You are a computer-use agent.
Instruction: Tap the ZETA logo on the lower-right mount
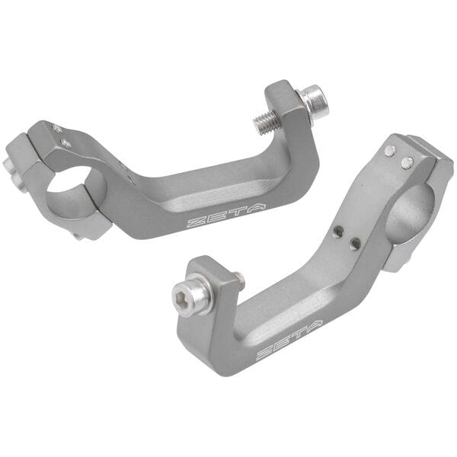[x=289, y=340]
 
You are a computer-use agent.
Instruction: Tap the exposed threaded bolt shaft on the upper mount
[x=267, y=121]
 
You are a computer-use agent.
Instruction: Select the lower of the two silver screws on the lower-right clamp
[x=407, y=162]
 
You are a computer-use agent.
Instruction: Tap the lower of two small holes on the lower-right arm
[x=355, y=244]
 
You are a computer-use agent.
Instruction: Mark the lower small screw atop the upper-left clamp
[x=67, y=142]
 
